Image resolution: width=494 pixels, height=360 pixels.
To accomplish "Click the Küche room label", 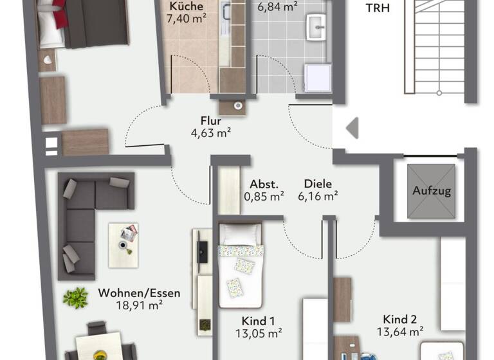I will (x=187, y=6).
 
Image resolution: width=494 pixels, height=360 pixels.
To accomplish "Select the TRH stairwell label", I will (x=378, y=8).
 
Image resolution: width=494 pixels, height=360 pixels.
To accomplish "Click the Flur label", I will (x=211, y=120).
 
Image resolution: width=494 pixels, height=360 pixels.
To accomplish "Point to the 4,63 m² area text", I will (x=211, y=133).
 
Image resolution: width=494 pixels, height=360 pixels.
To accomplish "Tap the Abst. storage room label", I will (x=264, y=183).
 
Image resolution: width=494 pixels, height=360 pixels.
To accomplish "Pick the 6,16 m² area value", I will (x=318, y=196).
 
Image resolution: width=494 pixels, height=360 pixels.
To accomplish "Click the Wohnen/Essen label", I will (x=139, y=292).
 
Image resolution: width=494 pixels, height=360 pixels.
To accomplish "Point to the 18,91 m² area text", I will (x=139, y=306).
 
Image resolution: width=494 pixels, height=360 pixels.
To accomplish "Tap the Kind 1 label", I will (x=259, y=319).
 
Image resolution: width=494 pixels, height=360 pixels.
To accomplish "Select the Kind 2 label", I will (x=399, y=319).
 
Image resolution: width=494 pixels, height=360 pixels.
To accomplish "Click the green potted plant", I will (x=76, y=297).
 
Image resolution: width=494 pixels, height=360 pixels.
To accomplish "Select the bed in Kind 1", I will (x=240, y=267).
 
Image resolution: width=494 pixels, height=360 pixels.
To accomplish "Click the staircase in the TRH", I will (x=439, y=48).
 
